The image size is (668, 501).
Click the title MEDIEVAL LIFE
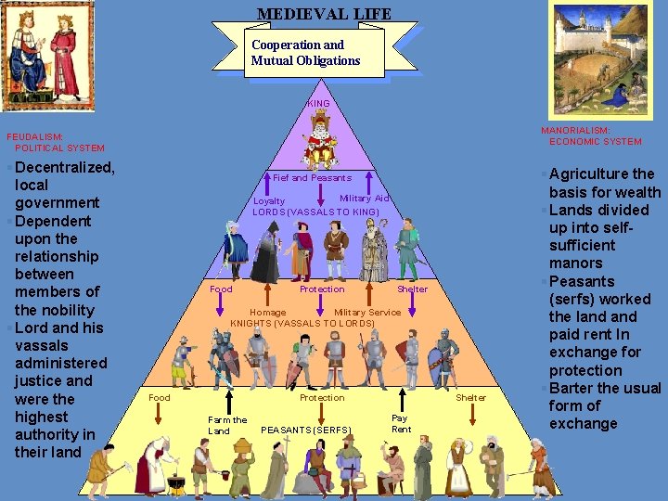click(x=324, y=14)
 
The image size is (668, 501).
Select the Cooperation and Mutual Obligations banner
click(x=305, y=53)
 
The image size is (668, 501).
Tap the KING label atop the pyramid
click(x=319, y=103)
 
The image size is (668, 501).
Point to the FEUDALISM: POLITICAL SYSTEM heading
click(x=55, y=141)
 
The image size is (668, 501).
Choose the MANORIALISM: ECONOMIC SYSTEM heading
click(x=590, y=136)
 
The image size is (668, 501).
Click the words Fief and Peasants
click(x=313, y=177)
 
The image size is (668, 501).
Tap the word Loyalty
click(x=270, y=200)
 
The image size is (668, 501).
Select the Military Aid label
click(x=364, y=199)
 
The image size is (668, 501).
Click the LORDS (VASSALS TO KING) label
click(x=316, y=212)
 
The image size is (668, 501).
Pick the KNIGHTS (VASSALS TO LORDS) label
click(x=302, y=324)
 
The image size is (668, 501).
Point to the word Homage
click(x=268, y=313)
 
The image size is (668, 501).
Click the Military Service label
click(x=367, y=313)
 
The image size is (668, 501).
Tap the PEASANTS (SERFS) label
click(x=306, y=430)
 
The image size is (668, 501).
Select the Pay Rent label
click(x=401, y=424)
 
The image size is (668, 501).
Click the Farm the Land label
click(x=227, y=426)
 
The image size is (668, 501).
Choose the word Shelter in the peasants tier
click(x=471, y=397)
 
